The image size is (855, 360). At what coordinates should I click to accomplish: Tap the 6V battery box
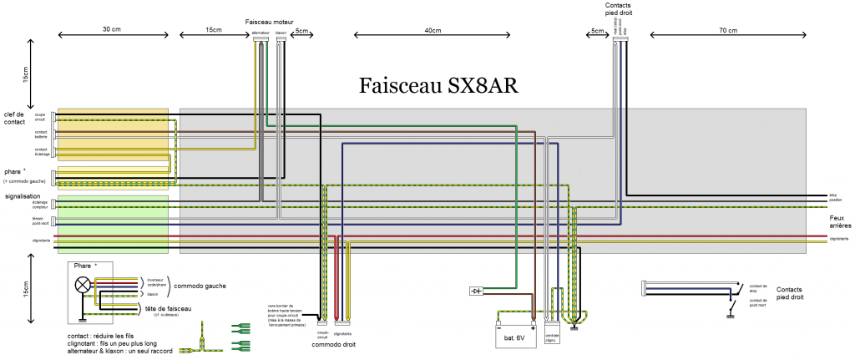514,337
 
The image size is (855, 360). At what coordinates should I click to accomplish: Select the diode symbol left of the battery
477,291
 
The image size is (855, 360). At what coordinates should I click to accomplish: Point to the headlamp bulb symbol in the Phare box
83,285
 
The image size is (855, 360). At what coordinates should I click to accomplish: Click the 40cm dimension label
432,31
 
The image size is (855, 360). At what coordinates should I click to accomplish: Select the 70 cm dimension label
727,31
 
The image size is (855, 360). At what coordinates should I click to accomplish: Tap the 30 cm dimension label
111,31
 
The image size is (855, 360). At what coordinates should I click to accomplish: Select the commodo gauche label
200,286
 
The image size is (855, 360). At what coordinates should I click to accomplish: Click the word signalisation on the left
23,196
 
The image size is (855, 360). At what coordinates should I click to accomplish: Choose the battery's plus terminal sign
531,327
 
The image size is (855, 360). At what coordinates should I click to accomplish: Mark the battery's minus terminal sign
498,327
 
